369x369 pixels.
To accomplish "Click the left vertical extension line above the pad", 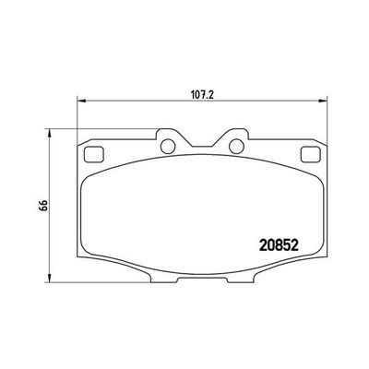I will point(76,115).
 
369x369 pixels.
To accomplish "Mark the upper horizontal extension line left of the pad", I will point(60,128).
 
